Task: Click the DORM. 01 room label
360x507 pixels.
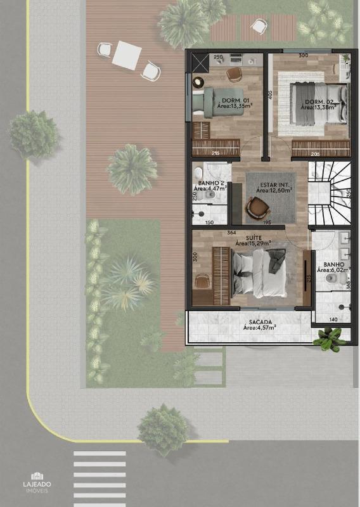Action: [x=231, y=101]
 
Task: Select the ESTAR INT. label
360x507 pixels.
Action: [x=273, y=185]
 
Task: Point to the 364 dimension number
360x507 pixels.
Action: [x=231, y=233]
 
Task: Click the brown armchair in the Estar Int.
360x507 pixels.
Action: [x=257, y=207]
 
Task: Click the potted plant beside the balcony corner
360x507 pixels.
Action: [x=330, y=340]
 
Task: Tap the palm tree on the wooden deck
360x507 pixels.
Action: [x=131, y=169]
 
